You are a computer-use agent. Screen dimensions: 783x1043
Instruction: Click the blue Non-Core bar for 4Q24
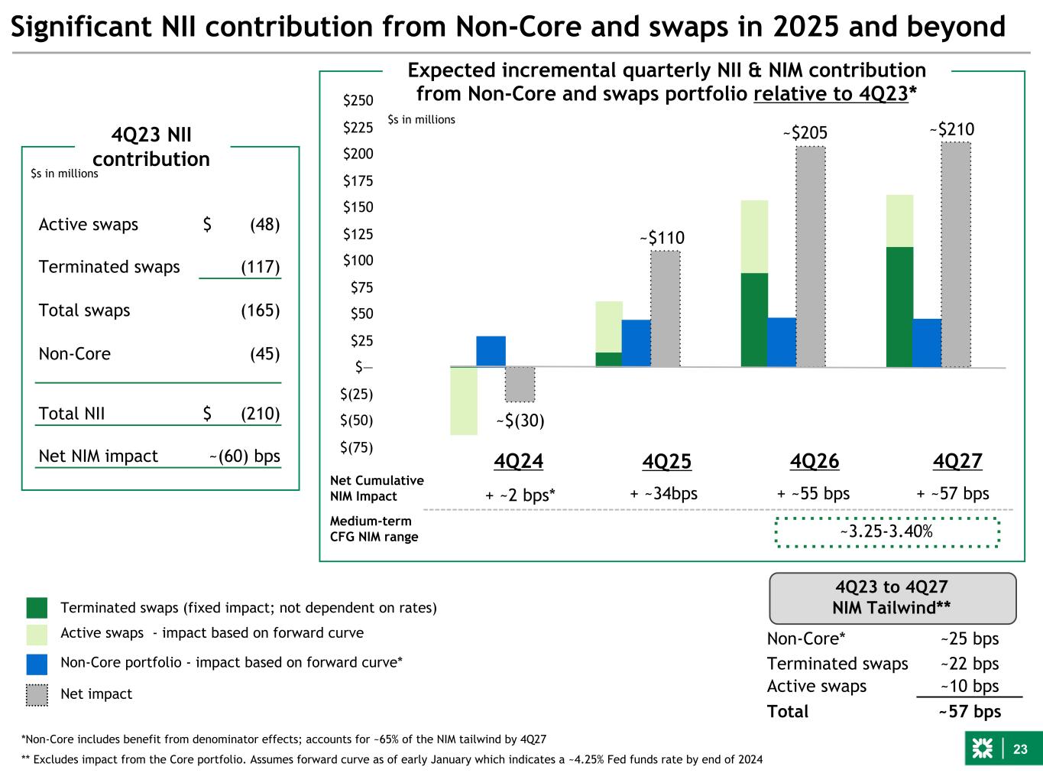point(491,351)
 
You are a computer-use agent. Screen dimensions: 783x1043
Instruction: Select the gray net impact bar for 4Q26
point(811,256)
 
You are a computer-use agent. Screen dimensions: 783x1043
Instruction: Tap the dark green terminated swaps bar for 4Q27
point(899,307)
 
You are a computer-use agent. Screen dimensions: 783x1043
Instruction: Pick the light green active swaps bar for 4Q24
point(464,401)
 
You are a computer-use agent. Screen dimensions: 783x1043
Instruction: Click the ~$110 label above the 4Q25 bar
point(662,239)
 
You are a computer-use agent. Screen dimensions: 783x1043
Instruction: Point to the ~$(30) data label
point(520,421)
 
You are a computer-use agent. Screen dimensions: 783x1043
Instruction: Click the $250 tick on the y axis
point(358,100)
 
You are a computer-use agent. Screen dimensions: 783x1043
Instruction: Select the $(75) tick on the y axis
point(356,447)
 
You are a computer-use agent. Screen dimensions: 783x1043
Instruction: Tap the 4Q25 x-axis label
point(666,462)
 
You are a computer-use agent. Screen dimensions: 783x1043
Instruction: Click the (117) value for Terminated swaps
point(261,267)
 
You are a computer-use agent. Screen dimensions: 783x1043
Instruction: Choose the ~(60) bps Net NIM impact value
point(245,456)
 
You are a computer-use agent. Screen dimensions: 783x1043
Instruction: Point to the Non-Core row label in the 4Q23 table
point(74,354)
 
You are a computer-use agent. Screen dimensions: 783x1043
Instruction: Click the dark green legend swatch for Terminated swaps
point(37,608)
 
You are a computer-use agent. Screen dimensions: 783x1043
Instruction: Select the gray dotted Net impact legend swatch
point(37,694)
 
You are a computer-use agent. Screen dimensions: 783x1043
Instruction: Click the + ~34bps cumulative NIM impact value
point(663,494)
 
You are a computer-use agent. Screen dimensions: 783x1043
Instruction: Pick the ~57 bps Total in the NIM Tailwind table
point(969,712)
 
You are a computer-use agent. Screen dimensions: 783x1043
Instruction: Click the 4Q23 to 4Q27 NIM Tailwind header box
point(892,598)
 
